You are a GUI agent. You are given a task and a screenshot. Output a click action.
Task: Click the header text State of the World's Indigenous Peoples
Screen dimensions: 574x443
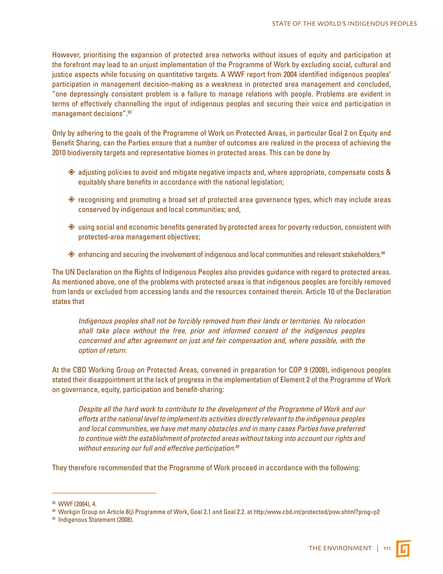pos(344,24)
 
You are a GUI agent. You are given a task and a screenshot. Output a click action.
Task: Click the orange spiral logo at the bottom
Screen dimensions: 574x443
pos(403,548)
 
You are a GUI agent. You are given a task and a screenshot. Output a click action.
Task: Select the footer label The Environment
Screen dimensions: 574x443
pos(340,548)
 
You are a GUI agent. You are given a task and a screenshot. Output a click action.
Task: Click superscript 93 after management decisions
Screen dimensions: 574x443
pos(130,112)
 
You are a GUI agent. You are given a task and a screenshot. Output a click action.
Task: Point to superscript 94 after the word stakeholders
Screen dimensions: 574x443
pos(383,253)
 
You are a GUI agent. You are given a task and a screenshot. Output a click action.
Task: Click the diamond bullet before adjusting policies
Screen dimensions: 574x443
pos(71,172)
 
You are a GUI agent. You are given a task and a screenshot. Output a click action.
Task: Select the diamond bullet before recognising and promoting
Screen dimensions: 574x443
pos(71,200)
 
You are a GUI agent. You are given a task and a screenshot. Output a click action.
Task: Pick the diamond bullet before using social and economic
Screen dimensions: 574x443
pos(71,227)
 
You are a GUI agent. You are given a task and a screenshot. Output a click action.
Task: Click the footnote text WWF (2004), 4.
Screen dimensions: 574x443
pos(77,504)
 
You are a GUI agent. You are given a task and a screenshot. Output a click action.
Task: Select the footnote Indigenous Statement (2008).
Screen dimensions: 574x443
pos(96,520)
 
